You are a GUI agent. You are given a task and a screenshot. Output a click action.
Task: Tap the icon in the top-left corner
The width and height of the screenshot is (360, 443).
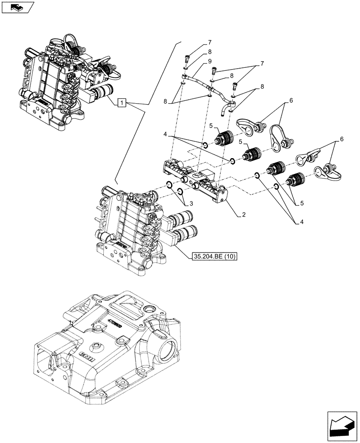pyautogui.click(x=17, y=7)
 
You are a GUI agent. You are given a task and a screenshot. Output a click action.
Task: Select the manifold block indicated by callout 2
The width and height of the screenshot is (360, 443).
pyautogui.click(x=195, y=179)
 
